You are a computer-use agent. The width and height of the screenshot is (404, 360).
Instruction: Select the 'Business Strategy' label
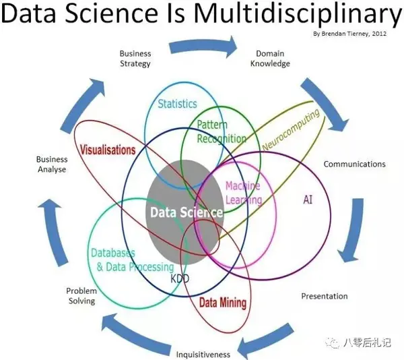(x=135, y=59)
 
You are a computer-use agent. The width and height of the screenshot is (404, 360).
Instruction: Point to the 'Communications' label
(x=354, y=164)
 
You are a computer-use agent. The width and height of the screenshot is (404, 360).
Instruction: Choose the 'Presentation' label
(x=325, y=296)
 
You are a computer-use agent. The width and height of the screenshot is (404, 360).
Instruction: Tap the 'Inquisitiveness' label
(x=203, y=354)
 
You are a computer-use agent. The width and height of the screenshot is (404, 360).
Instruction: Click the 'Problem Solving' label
(x=81, y=296)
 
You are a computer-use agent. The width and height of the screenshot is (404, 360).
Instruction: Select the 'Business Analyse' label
(x=52, y=164)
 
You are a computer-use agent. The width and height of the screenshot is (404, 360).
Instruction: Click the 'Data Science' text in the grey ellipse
(x=187, y=212)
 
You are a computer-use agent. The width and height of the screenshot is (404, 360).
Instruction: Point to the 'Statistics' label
(x=177, y=104)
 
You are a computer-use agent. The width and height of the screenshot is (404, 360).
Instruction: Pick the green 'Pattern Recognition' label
(x=221, y=132)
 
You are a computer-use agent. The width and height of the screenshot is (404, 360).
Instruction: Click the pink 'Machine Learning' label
(x=242, y=193)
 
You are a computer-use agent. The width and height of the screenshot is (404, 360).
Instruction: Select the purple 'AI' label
(x=308, y=200)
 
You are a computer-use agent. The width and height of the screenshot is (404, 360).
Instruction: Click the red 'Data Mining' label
(x=222, y=302)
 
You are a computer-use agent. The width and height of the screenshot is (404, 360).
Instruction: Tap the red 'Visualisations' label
(x=108, y=150)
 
